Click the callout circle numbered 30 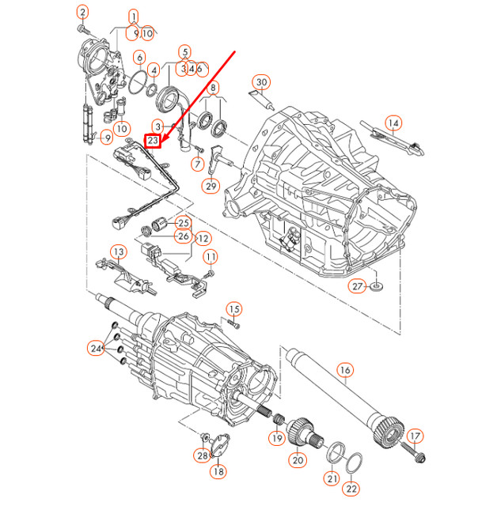(262, 82)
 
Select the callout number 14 (393, 123)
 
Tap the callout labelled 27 (358, 285)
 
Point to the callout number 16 (344, 369)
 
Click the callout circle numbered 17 (415, 436)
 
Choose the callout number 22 (351, 489)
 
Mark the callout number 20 (298, 459)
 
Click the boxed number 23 (154, 142)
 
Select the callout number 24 (97, 348)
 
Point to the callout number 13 (118, 252)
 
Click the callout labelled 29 (210, 187)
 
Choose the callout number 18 (218, 471)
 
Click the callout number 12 (203, 237)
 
